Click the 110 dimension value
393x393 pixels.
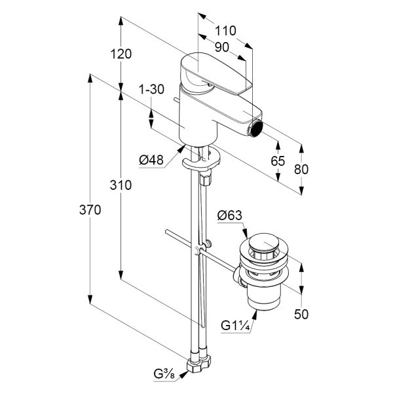225,31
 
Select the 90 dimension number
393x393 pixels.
222,47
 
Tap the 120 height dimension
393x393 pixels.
121,54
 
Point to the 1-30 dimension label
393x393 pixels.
151,89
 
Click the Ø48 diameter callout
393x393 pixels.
151,160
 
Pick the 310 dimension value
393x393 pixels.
121,185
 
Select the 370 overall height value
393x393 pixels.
90,210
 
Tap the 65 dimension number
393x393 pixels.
278,161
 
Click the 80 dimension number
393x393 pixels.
301,169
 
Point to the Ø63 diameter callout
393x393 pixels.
230,215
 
